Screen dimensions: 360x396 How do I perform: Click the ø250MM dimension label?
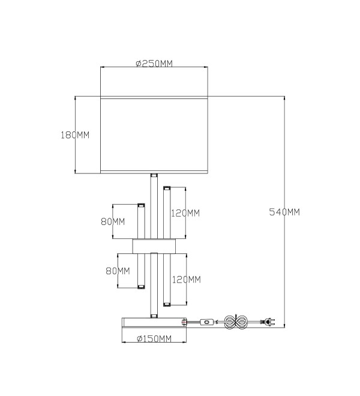pyautogui.click(x=154, y=64)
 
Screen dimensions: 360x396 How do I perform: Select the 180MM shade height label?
pyautogui.click(x=75, y=135)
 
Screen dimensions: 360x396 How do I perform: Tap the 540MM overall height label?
pyautogui.click(x=284, y=212)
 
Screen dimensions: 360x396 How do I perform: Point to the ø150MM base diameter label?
pyautogui.click(x=154, y=338)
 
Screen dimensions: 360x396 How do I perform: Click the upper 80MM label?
pyautogui.click(x=113, y=222)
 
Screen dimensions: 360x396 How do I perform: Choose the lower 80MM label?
pyautogui.click(x=118, y=271)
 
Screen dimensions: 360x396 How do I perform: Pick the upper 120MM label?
pyautogui.click(x=185, y=213)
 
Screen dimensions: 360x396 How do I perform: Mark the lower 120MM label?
pyautogui.click(x=187, y=280)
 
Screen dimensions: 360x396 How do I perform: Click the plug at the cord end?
pyautogui.click(x=269, y=322)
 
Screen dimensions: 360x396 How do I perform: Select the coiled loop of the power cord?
pyautogui.click(x=236, y=322)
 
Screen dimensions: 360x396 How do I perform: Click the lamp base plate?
pyautogui.click(x=154, y=323)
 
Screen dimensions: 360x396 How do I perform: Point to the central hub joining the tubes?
pyautogui.click(x=154, y=246)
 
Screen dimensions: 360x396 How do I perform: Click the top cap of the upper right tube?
pyautogui.click(x=167, y=188)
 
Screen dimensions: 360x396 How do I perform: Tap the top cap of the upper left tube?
pyautogui.click(x=141, y=205)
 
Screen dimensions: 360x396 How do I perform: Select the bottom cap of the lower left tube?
pyautogui.click(x=141, y=287)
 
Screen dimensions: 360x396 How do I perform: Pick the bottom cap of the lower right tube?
pyautogui.click(x=167, y=304)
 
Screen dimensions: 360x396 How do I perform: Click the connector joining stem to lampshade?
pyautogui.click(x=154, y=175)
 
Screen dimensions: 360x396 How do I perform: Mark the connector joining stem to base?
pyautogui.click(x=154, y=316)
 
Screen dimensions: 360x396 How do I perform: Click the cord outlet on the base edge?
pyautogui.click(x=184, y=322)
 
